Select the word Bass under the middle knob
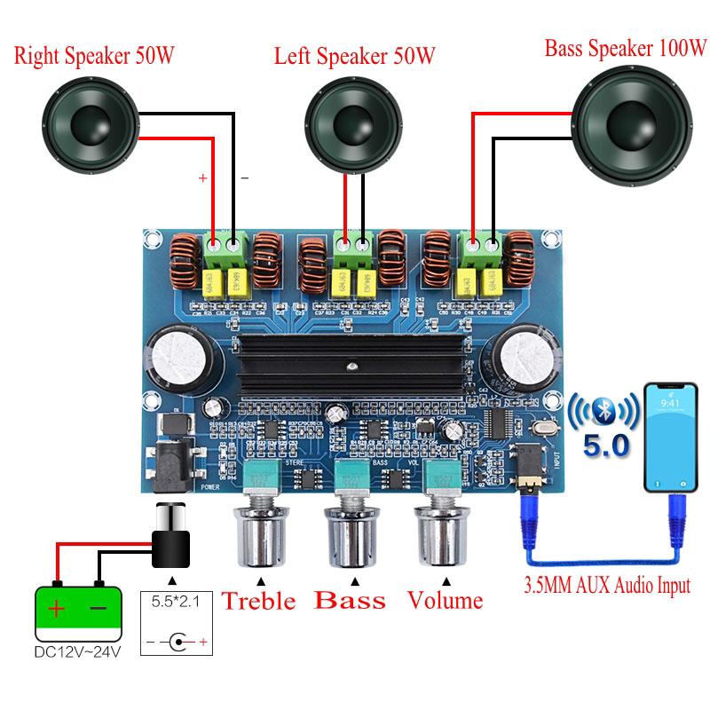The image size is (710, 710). (x=351, y=601)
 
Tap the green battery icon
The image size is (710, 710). (x=79, y=610)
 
